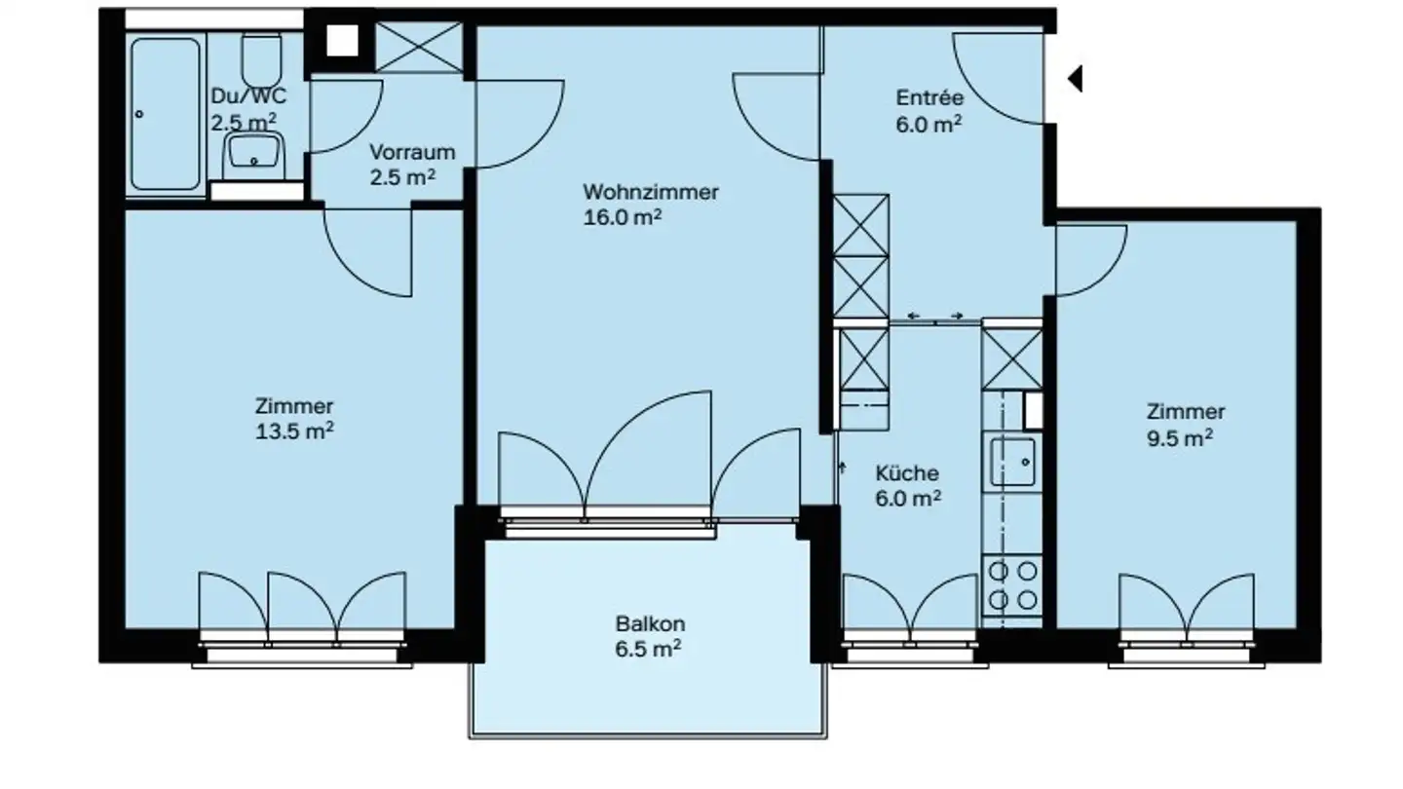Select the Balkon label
coord(650,623)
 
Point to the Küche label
coord(906,473)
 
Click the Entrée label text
coord(929,97)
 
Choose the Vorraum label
coord(412,152)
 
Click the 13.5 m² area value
coord(294,432)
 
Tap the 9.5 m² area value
coord(1179,437)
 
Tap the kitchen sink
coord(1013,461)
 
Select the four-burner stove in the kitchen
coord(1013,584)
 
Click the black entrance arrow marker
coord(1075,78)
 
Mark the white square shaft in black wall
coord(341,42)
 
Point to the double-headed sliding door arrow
coord(935,317)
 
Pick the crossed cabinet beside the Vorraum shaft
coord(419,47)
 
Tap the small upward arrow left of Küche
coord(843,469)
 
